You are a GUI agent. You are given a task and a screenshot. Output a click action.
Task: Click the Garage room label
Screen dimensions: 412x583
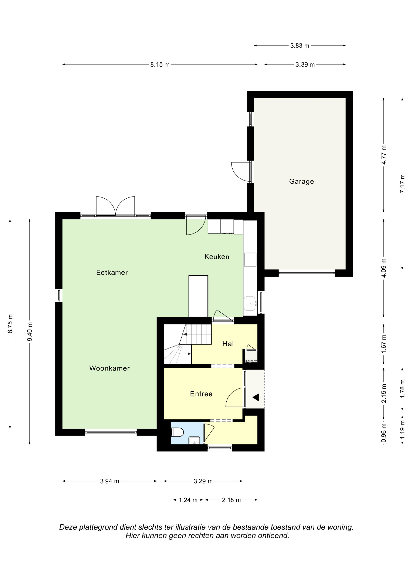[301, 182]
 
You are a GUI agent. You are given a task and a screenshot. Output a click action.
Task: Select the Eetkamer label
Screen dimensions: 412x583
[112, 272]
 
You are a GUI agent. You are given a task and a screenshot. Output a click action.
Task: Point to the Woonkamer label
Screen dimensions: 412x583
[109, 368]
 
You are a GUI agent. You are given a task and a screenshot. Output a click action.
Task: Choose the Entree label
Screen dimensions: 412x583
[201, 394]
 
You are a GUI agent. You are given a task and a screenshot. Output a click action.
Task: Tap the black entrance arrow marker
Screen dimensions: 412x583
[256, 397]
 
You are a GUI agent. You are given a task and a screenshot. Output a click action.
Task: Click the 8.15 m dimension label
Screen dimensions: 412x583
[160, 65]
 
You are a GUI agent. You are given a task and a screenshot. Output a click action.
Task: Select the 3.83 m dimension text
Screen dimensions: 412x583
[300, 46]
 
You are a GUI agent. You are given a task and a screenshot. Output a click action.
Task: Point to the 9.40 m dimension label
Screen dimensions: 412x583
[30, 332]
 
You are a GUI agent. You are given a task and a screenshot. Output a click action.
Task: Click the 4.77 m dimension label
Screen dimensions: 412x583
[384, 155]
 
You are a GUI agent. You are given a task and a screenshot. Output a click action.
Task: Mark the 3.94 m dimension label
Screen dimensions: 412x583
[110, 481]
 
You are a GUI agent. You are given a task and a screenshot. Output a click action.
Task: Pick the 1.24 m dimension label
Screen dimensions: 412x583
[188, 500]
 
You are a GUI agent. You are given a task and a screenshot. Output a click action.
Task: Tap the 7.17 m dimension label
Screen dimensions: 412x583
[402, 184]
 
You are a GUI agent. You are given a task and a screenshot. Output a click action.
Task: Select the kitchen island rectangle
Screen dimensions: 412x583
[198, 296]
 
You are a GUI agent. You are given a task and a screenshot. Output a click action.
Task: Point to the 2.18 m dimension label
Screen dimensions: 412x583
[231, 500]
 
